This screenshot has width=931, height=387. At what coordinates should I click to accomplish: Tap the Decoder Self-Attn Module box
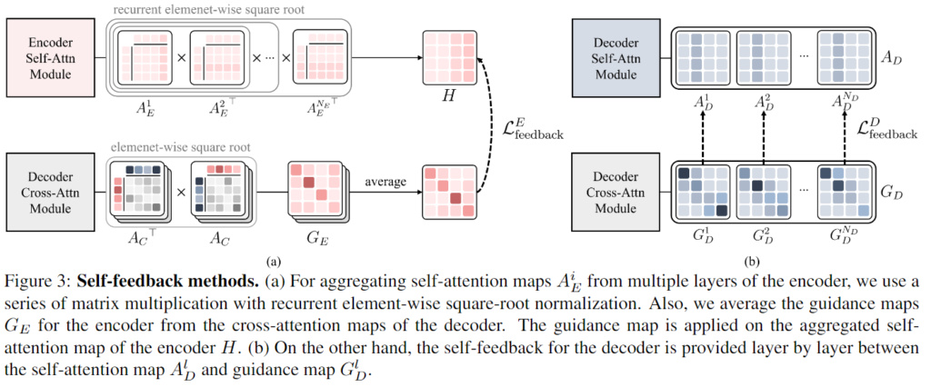click(x=618, y=56)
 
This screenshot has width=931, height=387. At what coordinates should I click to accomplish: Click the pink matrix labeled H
click(x=448, y=57)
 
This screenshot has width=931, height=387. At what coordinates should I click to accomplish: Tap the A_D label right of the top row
click(x=895, y=56)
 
